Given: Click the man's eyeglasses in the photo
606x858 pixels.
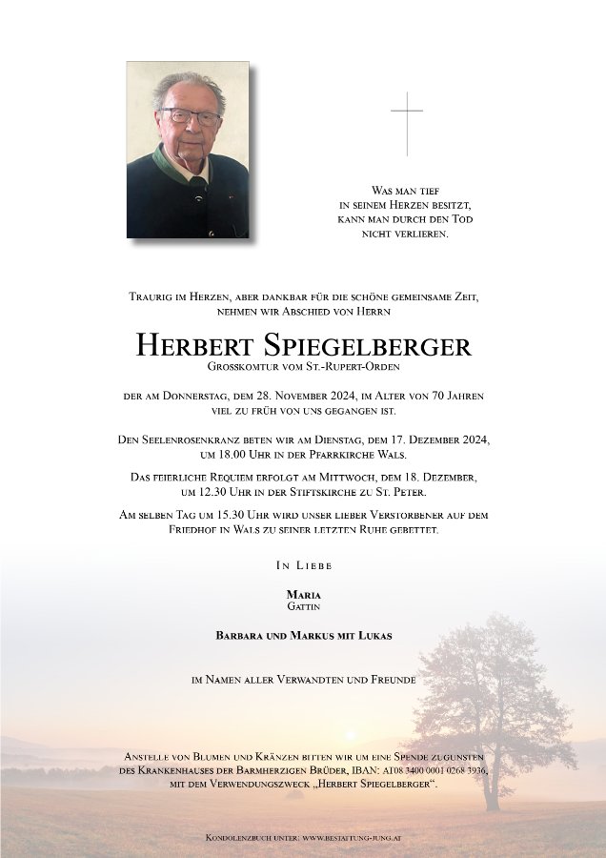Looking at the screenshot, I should (x=190, y=117).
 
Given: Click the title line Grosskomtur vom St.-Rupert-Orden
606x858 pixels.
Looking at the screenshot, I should (x=303, y=367).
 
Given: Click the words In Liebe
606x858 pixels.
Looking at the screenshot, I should (x=303, y=565).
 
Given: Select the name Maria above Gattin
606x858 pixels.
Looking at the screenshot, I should (x=303, y=594).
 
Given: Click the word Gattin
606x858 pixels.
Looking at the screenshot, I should (x=303, y=605).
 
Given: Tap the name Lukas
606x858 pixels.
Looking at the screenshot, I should (x=373, y=635).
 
